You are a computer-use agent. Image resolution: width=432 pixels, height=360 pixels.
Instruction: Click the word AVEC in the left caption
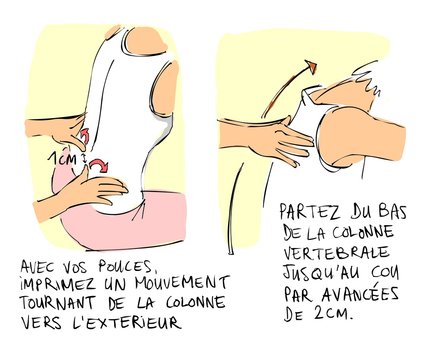coord(44,268)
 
